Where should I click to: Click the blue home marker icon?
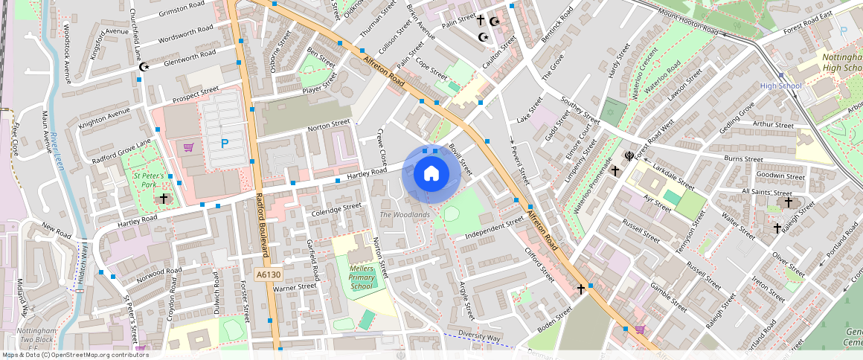click(x=431, y=174)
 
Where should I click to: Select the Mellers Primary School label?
click(x=361, y=277)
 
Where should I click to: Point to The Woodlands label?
click(x=405, y=215)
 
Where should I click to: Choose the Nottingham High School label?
click(x=841, y=62)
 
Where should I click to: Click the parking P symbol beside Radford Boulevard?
click(x=224, y=143)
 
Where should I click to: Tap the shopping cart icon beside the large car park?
click(x=188, y=147)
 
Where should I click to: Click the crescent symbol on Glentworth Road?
click(x=144, y=67)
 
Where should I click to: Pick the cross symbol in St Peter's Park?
click(x=164, y=199)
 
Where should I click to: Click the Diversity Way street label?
click(x=478, y=336)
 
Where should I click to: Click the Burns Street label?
click(x=742, y=158)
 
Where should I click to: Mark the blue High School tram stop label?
click(x=780, y=86)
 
